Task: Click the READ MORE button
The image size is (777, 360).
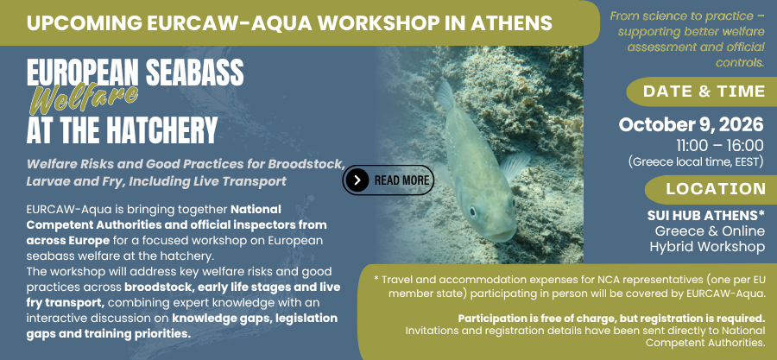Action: pyautogui.click(x=388, y=180)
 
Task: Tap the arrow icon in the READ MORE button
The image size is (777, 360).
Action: pyautogui.click(x=357, y=180)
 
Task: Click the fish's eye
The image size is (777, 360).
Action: pyautogui.click(x=473, y=212)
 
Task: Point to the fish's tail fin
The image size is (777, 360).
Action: pyautogui.click(x=445, y=96)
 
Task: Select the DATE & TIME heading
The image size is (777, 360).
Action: pyautogui.click(x=704, y=92)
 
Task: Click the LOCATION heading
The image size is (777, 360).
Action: pyautogui.click(x=716, y=189)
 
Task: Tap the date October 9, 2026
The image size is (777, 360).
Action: pyautogui.click(x=691, y=125)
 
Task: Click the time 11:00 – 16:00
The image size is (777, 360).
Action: pyautogui.click(x=720, y=146)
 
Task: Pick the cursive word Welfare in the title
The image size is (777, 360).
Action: pyautogui.click(x=84, y=98)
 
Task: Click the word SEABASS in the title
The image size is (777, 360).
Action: pyautogui.click(x=195, y=73)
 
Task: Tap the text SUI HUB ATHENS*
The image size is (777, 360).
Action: pyautogui.click(x=705, y=216)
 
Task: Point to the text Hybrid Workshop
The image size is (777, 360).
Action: pyautogui.click(x=707, y=247)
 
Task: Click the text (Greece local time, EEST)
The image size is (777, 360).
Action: pyautogui.click(x=696, y=161)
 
